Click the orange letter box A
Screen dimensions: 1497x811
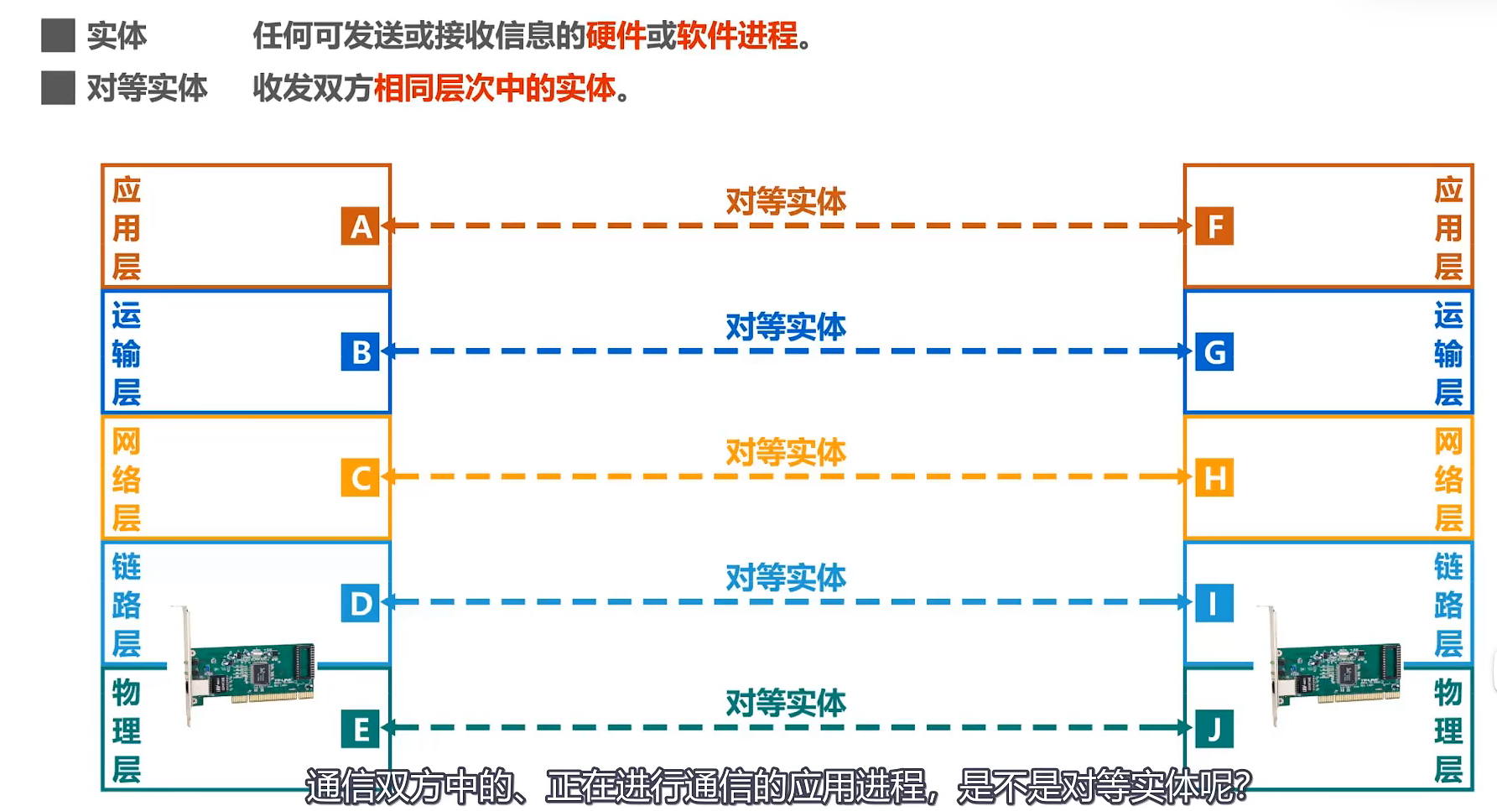(361, 226)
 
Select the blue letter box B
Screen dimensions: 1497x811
(361, 352)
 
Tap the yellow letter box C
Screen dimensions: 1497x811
(361, 477)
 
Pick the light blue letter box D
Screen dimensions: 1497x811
(361, 603)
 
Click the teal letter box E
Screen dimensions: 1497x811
(361, 729)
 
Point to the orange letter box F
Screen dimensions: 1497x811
(1214, 226)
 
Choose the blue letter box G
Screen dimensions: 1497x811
(1214, 352)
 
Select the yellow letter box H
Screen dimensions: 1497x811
(1214, 477)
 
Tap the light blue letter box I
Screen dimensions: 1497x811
(1214, 603)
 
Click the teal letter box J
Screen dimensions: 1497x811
(1214, 729)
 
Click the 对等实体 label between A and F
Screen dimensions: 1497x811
(786, 202)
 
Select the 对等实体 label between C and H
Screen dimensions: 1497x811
(786, 453)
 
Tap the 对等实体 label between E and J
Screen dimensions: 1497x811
(786, 704)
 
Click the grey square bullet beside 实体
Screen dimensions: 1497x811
(58, 36)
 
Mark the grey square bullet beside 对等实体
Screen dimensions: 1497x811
(58, 88)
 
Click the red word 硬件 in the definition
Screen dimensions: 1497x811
(616, 36)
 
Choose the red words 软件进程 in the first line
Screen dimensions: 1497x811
(737, 36)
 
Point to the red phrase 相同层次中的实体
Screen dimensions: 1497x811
(495, 88)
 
